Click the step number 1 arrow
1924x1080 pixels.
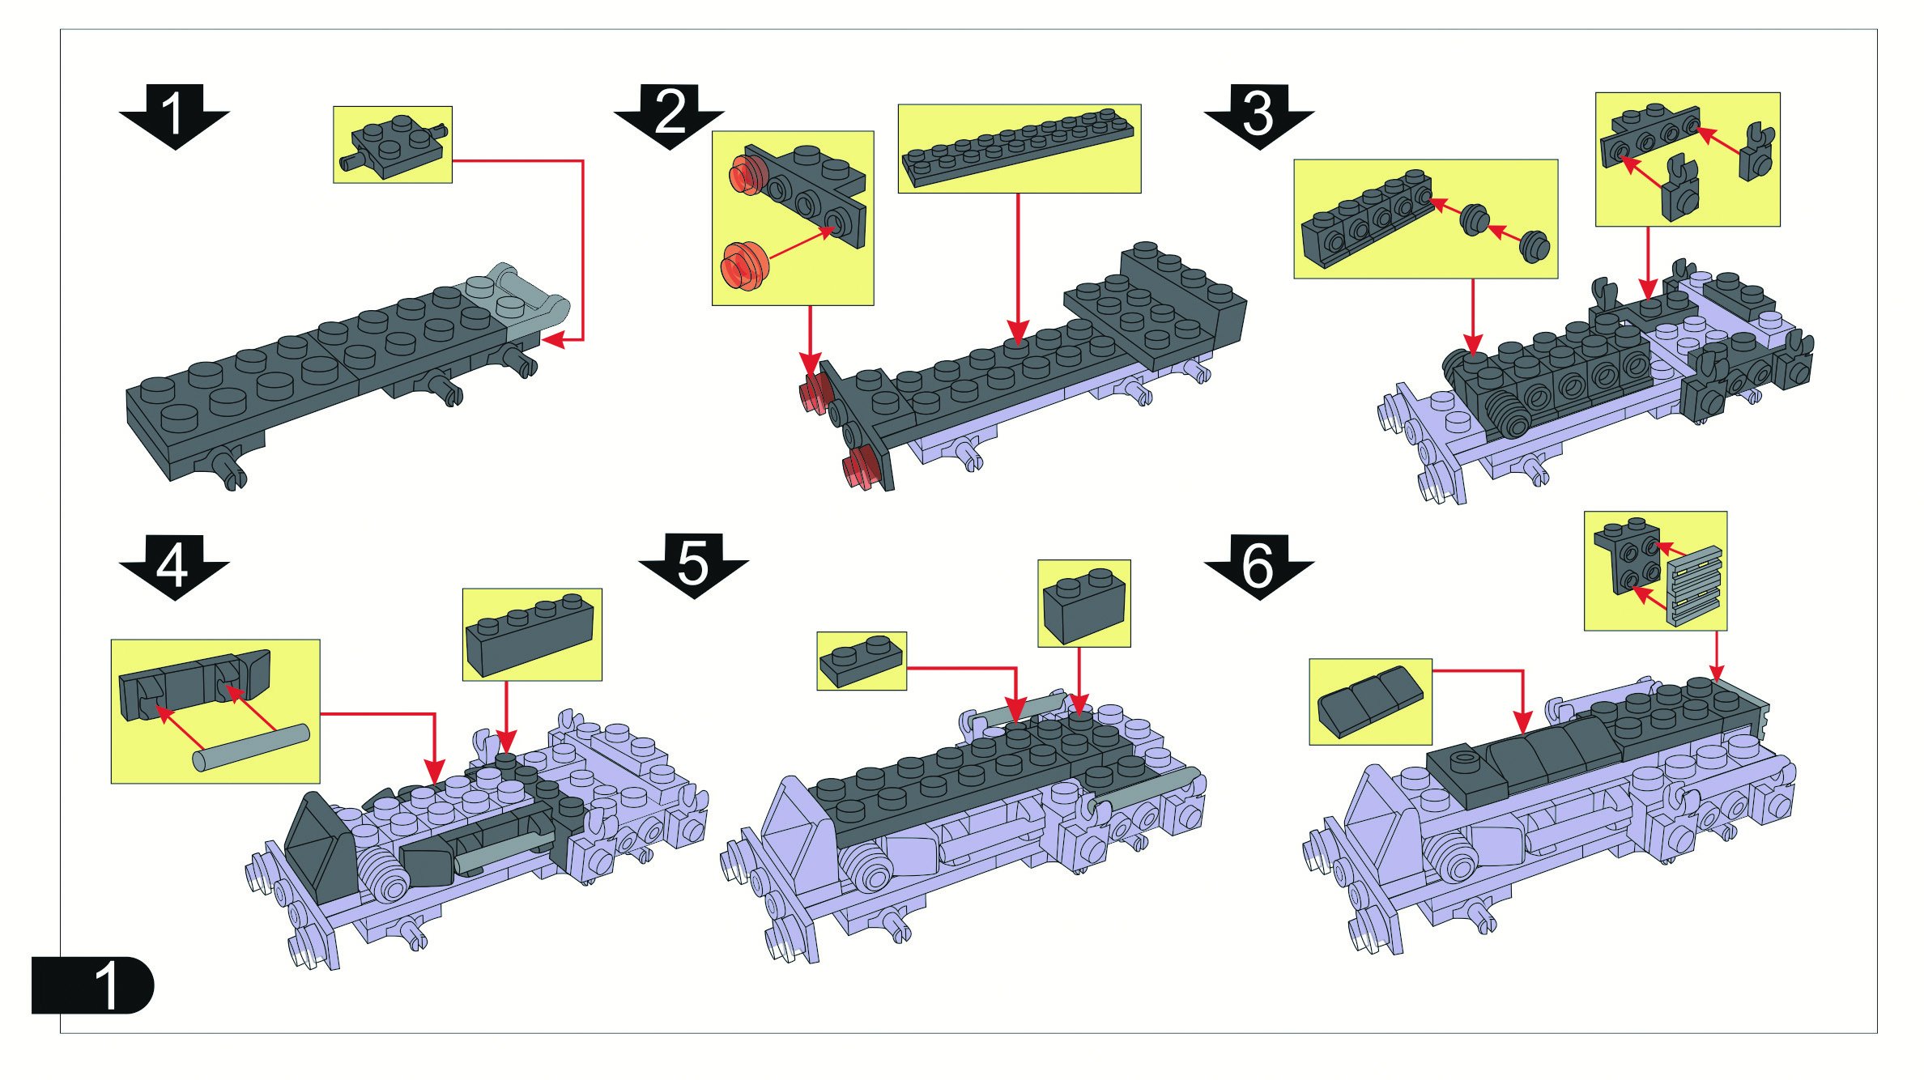tap(174, 115)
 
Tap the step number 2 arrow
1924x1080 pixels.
tap(669, 115)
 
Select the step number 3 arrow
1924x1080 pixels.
tap(1259, 115)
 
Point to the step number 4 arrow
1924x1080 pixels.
tap(174, 567)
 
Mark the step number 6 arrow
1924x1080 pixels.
tap(1259, 567)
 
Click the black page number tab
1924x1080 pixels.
tap(92, 984)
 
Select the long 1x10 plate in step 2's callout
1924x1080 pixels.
tap(1019, 147)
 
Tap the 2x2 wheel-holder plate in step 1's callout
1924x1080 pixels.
tap(393, 146)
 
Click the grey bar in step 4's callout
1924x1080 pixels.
tap(251, 747)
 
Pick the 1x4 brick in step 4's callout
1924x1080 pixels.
tap(530, 636)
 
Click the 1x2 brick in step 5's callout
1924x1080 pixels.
tap(1084, 606)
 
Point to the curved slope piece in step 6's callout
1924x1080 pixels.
tap(1370, 701)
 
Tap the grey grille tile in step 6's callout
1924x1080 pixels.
tap(1694, 585)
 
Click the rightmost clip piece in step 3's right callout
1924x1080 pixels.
tap(1756, 151)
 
